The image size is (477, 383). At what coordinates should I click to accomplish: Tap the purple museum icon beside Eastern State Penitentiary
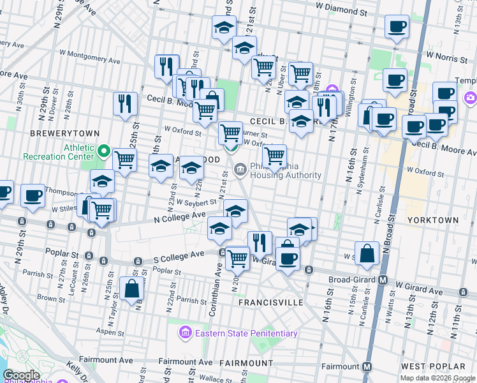[x=186, y=333]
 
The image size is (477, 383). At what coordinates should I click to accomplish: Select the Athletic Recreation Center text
[x=58, y=152]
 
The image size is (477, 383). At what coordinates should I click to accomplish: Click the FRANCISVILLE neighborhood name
[x=271, y=303]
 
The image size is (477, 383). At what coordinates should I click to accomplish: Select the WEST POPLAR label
[x=434, y=366]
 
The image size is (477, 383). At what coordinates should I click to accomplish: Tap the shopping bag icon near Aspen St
[x=131, y=290]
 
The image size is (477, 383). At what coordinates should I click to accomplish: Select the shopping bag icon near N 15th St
[x=368, y=253]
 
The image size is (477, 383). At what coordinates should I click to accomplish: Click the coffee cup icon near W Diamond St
[x=397, y=27]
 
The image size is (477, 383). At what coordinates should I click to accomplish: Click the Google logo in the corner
[x=21, y=375]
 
